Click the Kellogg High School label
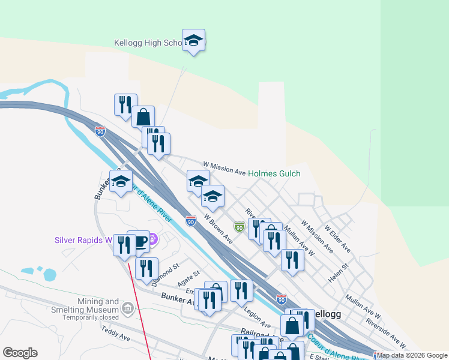coord(148,43)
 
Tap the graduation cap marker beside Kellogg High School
coord(193,40)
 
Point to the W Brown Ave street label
coord(218,229)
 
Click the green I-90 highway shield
coord(240,227)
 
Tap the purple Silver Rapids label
coord(83,240)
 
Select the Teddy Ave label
coord(116,334)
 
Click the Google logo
coord(20,353)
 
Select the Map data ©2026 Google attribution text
coord(412,355)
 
